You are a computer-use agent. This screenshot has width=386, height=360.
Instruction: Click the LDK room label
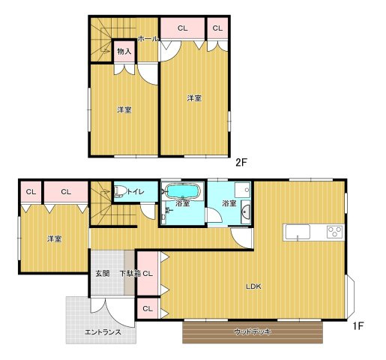tap(253, 286)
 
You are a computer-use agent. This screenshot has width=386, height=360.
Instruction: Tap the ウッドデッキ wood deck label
tap(253, 332)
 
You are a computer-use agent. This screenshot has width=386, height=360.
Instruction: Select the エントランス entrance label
tap(103, 332)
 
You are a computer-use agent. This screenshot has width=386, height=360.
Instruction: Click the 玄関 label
tap(103, 274)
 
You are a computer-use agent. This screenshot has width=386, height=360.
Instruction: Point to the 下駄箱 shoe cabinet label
tap(130, 274)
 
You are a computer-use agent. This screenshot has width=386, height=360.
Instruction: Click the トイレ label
tap(136, 192)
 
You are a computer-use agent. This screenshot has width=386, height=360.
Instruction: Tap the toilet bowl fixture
tap(120, 191)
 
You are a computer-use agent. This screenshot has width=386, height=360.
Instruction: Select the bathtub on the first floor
tap(183, 191)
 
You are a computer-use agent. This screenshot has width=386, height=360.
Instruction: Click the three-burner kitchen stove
tap(334, 232)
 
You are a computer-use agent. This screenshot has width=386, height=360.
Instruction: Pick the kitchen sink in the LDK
tap(298, 232)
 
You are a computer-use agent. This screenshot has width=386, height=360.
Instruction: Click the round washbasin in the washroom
tap(246, 211)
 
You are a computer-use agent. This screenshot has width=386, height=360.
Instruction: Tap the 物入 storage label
tap(124, 52)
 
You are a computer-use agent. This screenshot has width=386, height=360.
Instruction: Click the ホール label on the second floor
tap(148, 39)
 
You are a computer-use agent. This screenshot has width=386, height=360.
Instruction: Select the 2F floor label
tap(241, 163)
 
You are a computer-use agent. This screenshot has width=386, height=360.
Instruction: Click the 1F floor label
tap(358, 325)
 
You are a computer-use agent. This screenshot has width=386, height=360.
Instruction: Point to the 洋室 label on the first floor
tap(55, 239)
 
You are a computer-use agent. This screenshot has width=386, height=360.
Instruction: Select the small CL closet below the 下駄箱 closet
tap(148, 309)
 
